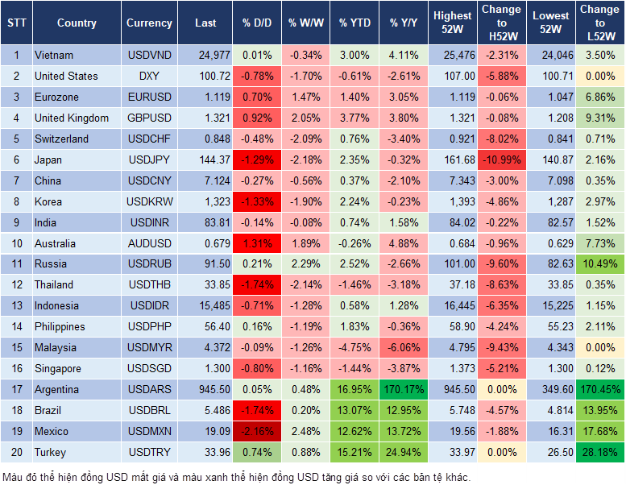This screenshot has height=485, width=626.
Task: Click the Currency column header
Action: [149, 23]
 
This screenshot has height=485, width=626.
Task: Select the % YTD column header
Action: [355, 23]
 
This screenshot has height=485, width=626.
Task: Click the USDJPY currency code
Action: [149, 160]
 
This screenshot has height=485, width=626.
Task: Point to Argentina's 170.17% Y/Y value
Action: [404, 389]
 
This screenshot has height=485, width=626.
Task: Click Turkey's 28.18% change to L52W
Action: [599, 452]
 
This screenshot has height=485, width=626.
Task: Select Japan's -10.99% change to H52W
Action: [501, 160]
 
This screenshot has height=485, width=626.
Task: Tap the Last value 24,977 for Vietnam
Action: [205, 55]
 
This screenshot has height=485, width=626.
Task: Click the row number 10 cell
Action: [15, 243]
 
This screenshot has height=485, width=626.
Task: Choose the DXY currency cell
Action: [149, 76]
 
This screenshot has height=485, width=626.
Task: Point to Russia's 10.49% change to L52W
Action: [599, 263]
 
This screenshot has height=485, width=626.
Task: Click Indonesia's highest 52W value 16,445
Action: [452, 305]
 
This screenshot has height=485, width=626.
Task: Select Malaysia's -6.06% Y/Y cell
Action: [404, 347]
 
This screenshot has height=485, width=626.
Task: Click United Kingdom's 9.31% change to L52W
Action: [599, 118]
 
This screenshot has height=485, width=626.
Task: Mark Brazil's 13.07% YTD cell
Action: [355, 410]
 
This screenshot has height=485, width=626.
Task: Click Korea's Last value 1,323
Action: [205, 201]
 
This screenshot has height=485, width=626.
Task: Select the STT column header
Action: [15, 23]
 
